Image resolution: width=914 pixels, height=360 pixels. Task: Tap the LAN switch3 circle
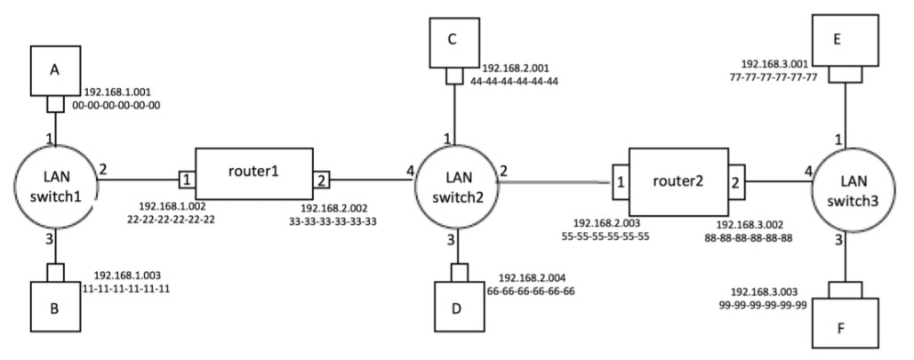coord(850,181)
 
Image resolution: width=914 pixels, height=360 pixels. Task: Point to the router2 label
coord(678,181)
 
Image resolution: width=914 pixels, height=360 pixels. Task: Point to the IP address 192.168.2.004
coord(537,277)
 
